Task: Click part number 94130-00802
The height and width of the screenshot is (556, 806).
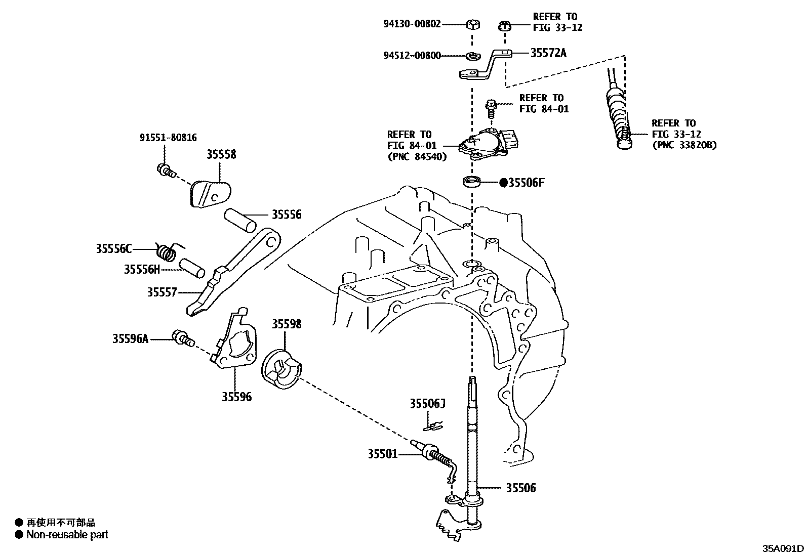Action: (412, 23)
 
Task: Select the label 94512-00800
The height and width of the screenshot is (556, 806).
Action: (412, 56)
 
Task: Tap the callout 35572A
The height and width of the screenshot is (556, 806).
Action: (548, 52)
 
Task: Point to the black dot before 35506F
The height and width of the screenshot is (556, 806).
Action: (503, 183)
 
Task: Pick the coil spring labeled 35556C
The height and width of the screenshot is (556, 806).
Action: (168, 251)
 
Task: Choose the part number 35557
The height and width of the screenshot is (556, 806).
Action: (162, 292)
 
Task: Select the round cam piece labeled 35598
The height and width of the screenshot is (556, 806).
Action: (282, 368)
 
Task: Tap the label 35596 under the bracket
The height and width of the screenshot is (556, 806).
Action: (236, 397)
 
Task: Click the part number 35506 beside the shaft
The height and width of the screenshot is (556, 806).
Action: (521, 488)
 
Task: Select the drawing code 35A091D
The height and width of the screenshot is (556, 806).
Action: (783, 548)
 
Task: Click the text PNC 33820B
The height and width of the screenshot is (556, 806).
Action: (684, 145)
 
